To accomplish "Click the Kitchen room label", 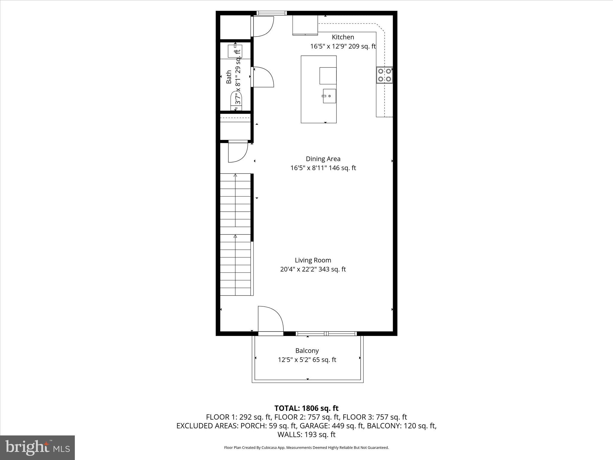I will [x=343, y=37].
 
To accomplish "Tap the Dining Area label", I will [x=323, y=159].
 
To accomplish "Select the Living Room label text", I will [x=313, y=260].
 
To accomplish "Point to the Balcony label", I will [x=307, y=350].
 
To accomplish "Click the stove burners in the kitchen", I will [x=384, y=75].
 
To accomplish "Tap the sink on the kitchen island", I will [x=329, y=96].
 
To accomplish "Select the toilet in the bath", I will [x=236, y=102].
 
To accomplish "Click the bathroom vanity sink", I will [x=235, y=51].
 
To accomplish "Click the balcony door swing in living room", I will [x=270, y=319].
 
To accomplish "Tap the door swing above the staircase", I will [x=238, y=152].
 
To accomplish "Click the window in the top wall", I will [x=272, y=13].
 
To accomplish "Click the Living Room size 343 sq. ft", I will [x=332, y=269].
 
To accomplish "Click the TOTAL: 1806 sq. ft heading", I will [x=306, y=408].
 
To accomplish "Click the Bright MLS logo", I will [x=37, y=447].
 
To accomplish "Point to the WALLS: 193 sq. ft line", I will [x=306, y=434].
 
